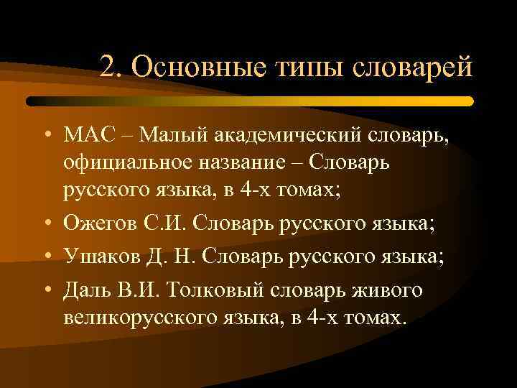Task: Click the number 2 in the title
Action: [108, 69]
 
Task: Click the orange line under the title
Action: [287, 101]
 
